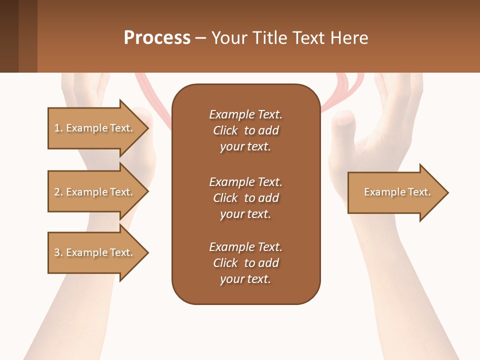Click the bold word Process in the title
pyautogui.click(x=157, y=38)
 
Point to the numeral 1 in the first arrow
pyautogui.click(x=57, y=128)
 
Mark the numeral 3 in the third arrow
pyautogui.click(x=57, y=253)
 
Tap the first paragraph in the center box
pyautogui.click(x=245, y=130)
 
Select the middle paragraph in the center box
pyautogui.click(x=245, y=198)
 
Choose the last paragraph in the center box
pyautogui.click(x=245, y=263)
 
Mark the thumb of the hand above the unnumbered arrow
pyautogui.click(x=344, y=122)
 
